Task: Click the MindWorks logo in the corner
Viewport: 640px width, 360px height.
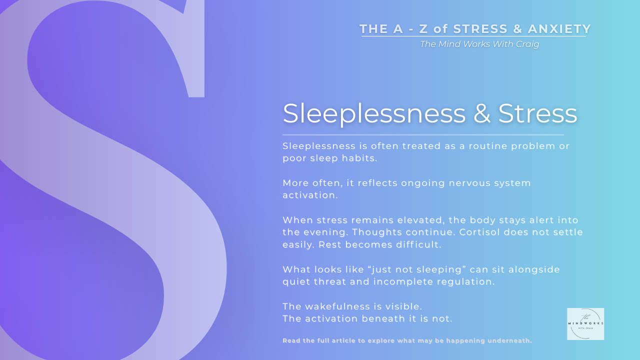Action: [x=585, y=324]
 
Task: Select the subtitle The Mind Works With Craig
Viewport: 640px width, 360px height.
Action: [x=479, y=44]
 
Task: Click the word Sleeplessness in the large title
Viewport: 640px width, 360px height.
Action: [x=374, y=113]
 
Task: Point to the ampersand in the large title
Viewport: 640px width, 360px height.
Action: [x=481, y=113]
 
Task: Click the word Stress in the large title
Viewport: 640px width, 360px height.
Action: [x=537, y=113]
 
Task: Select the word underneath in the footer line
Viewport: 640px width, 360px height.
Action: [x=509, y=340]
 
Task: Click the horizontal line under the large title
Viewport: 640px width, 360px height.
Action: [x=423, y=135]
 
